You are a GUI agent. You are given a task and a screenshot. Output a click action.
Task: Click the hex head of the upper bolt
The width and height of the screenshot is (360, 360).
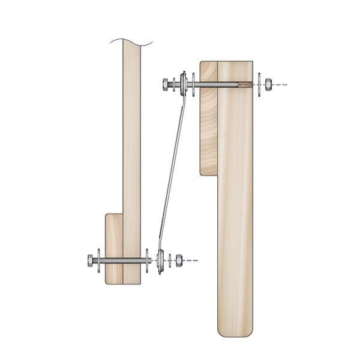tap(166, 84)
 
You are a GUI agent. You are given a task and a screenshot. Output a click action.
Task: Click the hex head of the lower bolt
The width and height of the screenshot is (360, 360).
tap(91, 260)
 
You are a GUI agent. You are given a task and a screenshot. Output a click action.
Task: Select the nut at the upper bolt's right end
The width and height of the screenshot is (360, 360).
tap(268, 85)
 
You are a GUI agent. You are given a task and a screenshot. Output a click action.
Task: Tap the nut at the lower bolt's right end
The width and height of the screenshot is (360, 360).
tap(179, 260)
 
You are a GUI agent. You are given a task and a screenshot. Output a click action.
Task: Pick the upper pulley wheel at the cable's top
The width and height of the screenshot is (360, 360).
tap(184, 84)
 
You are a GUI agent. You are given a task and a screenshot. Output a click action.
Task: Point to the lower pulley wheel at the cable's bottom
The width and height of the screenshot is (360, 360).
tap(160, 261)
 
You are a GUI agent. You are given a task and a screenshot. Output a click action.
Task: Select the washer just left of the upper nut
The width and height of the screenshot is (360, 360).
tap(258, 85)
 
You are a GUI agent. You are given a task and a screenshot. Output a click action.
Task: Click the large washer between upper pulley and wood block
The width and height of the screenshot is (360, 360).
tap(193, 84)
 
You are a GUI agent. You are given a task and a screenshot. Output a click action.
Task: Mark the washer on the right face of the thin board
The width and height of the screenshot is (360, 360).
tap(147, 260)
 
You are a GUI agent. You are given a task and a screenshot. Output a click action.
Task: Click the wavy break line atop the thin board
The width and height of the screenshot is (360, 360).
tap(131, 41)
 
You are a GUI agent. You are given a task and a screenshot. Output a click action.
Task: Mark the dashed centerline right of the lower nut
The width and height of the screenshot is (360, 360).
tap(191, 260)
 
